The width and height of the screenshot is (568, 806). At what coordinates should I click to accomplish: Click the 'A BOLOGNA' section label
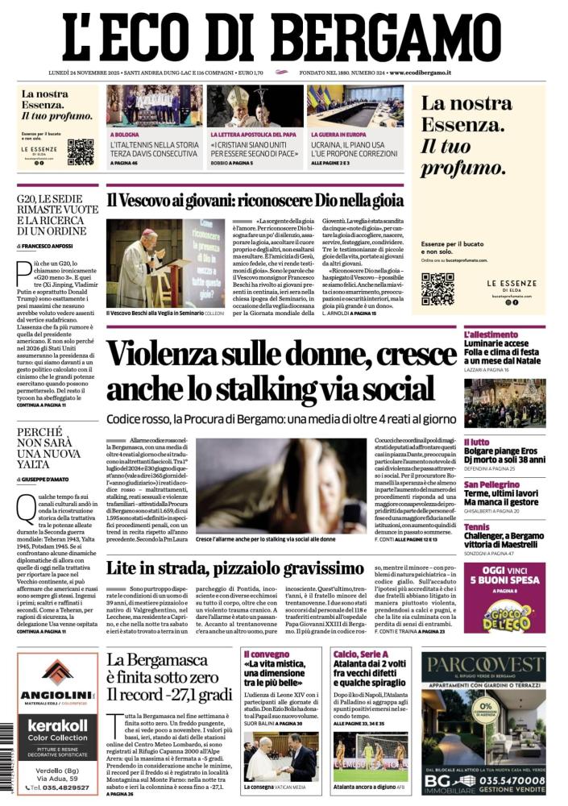pyautogui.click(x=125, y=134)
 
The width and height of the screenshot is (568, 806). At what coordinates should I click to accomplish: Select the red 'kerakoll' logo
pyautogui.click(x=57, y=725)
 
